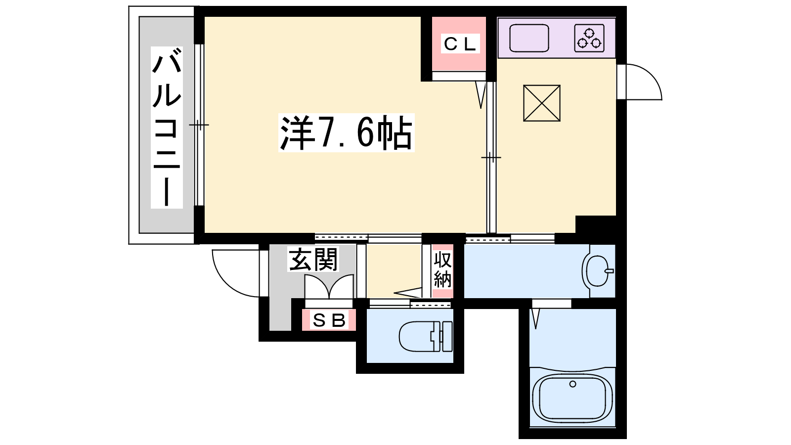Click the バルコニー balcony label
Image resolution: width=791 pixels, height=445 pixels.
pyautogui.click(x=167, y=127)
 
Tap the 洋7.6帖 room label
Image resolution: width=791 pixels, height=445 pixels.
pyautogui.click(x=346, y=133)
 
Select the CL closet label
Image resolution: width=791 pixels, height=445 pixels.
pyautogui.click(x=460, y=44)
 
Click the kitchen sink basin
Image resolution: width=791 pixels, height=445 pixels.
pyautogui.click(x=529, y=38)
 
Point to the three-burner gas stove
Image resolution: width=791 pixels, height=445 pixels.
pyautogui.click(x=589, y=38)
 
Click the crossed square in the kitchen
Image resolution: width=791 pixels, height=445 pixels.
pyautogui.click(x=542, y=103)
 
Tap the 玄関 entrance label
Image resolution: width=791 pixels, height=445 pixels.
pyautogui.click(x=313, y=259)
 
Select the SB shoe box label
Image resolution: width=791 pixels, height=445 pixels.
pyautogui.click(x=329, y=321)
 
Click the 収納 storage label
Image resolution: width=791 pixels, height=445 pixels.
pyautogui.click(x=442, y=270)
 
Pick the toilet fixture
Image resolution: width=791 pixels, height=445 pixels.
pyautogui.click(x=426, y=336)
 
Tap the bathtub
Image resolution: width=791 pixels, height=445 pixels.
pyautogui.click(x=572, y=398)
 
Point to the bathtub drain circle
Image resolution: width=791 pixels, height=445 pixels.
pyautogui.click(x=573, y=384)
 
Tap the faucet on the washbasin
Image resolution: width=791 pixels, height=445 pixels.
pyautogui.click(x=609, y=271)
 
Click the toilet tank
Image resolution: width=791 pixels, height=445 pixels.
pyautogui.click(x=447, y=337)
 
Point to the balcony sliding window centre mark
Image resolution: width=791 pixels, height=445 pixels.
pyautogui.click(x=199, y=125)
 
